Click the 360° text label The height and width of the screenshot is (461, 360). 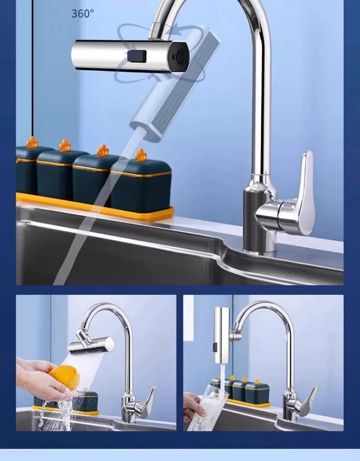click(83, 13)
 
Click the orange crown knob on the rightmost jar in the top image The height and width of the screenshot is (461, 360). click(141, 155)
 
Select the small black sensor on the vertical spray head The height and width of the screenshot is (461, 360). click(215, 344)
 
